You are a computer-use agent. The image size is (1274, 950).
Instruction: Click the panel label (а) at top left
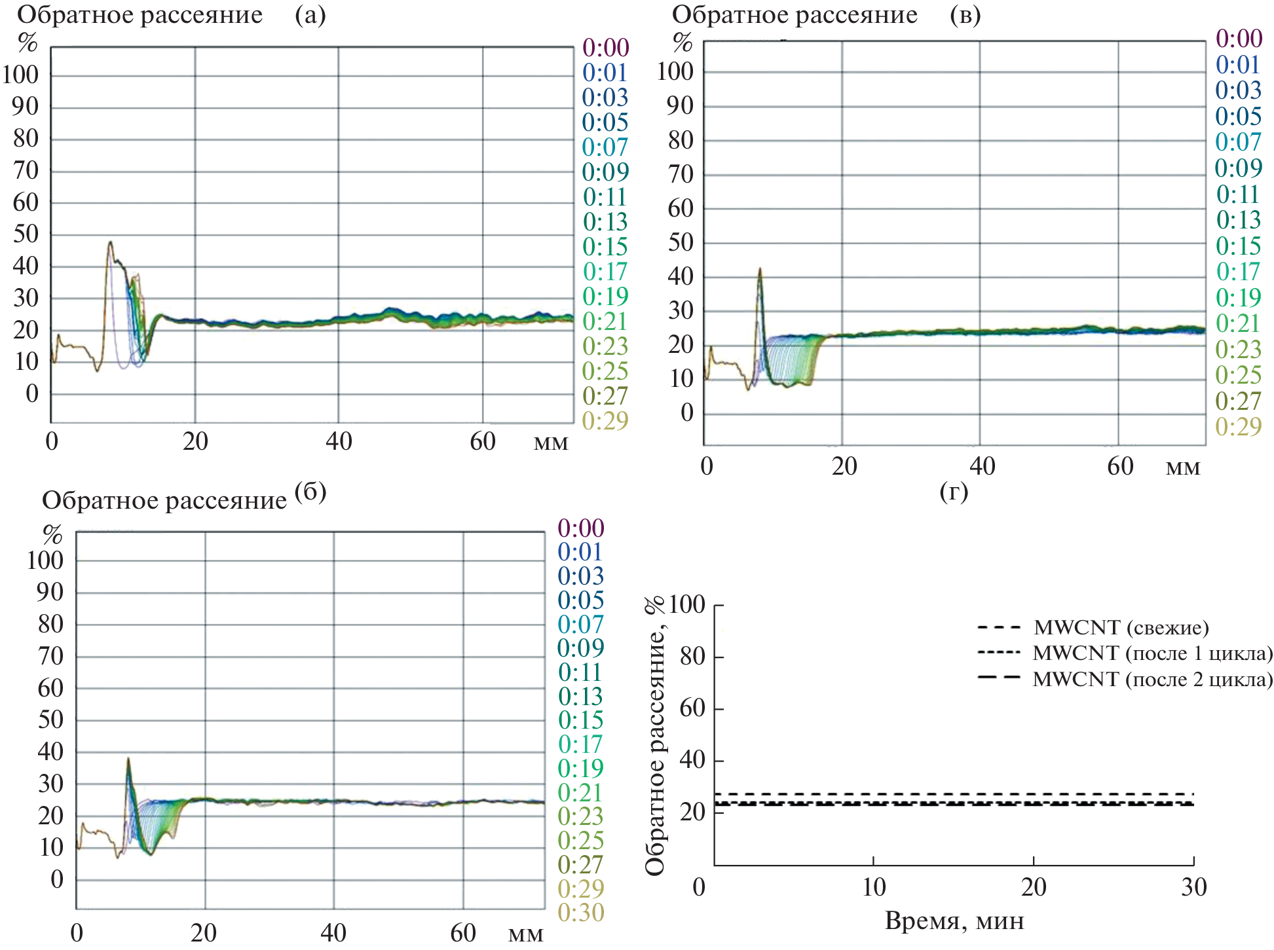(310, 14)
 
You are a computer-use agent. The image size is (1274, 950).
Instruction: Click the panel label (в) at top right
(965, 14)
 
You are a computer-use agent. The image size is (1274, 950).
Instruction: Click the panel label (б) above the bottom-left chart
(310, 492)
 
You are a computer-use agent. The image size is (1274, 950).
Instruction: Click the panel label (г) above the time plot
(954, 491)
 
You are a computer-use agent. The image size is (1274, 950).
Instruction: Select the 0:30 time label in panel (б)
(581, 913)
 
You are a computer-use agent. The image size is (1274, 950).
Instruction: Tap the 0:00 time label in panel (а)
(606, 48)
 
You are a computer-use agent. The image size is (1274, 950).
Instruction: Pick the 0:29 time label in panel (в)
(1239, 427)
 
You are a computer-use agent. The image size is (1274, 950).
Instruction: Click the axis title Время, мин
(954, 921)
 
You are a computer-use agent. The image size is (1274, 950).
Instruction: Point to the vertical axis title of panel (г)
(655, 736)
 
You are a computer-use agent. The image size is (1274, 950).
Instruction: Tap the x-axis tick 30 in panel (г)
(1193, 888)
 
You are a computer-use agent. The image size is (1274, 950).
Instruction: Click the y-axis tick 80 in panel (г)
(692, 656)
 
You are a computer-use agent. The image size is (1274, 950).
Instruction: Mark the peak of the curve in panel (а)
(111, 242)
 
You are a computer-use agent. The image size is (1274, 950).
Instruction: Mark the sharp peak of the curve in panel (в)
(760, 268)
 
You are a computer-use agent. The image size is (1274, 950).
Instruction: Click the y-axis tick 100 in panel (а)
(21, 75)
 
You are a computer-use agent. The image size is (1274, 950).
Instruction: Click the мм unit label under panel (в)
(1183, 467)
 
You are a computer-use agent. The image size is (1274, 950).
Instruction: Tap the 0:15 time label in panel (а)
(606, 247)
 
